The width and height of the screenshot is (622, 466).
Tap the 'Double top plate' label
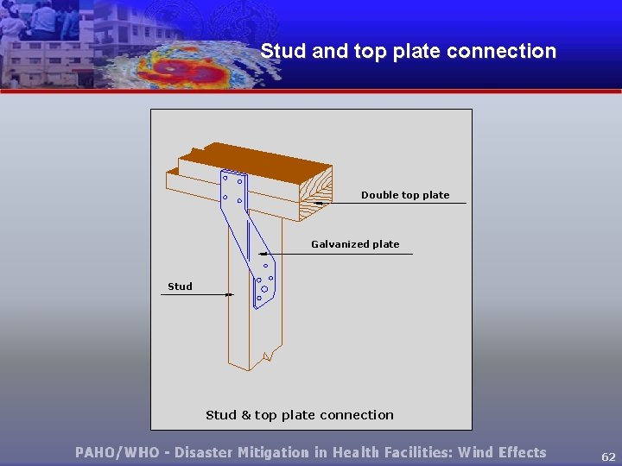pyautogui.click(x=405, y=195)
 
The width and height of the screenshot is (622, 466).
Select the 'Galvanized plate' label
pyautogui.click(x=355, y=244)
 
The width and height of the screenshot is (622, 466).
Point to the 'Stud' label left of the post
pyautogui.click(x=180, y=287)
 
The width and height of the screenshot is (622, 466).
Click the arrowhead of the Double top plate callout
pyautogui.click(x=317, y=203)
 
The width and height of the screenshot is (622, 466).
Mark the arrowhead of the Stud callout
pyautogui.click(x=230, y=295)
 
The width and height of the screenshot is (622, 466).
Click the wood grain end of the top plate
pyautogui.click(x=315, y=190)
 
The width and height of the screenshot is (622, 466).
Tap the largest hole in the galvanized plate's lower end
pyautogui.click(x=264, y=289)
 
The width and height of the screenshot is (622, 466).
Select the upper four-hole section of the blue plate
pyautogui.click(x=233, y=189)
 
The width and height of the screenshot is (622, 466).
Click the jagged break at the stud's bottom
pyautogui.click(x=271, y=356)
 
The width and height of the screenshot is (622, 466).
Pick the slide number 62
pyautogui.click(x=608, y=456)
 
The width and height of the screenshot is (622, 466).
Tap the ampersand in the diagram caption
pyautogui.click(x=245, y=415)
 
